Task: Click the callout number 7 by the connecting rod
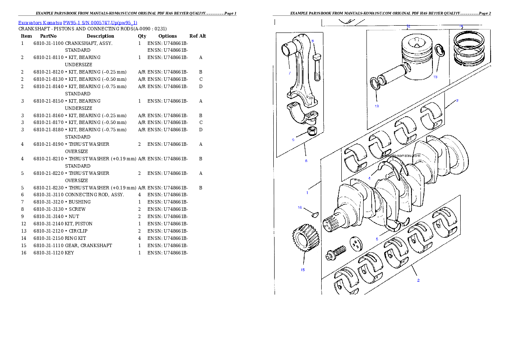point(289,73)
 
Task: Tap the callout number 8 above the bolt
point(313,41)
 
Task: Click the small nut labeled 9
point(312,130)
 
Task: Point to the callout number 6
point(306,161)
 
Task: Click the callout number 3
point(457,100)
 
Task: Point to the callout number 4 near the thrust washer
point(369,178)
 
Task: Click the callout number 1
point(307,192)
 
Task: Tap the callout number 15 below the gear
point(302,270)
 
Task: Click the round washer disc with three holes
point(355,244)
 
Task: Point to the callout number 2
point(418,280)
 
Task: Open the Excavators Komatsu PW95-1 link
point(77,23)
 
